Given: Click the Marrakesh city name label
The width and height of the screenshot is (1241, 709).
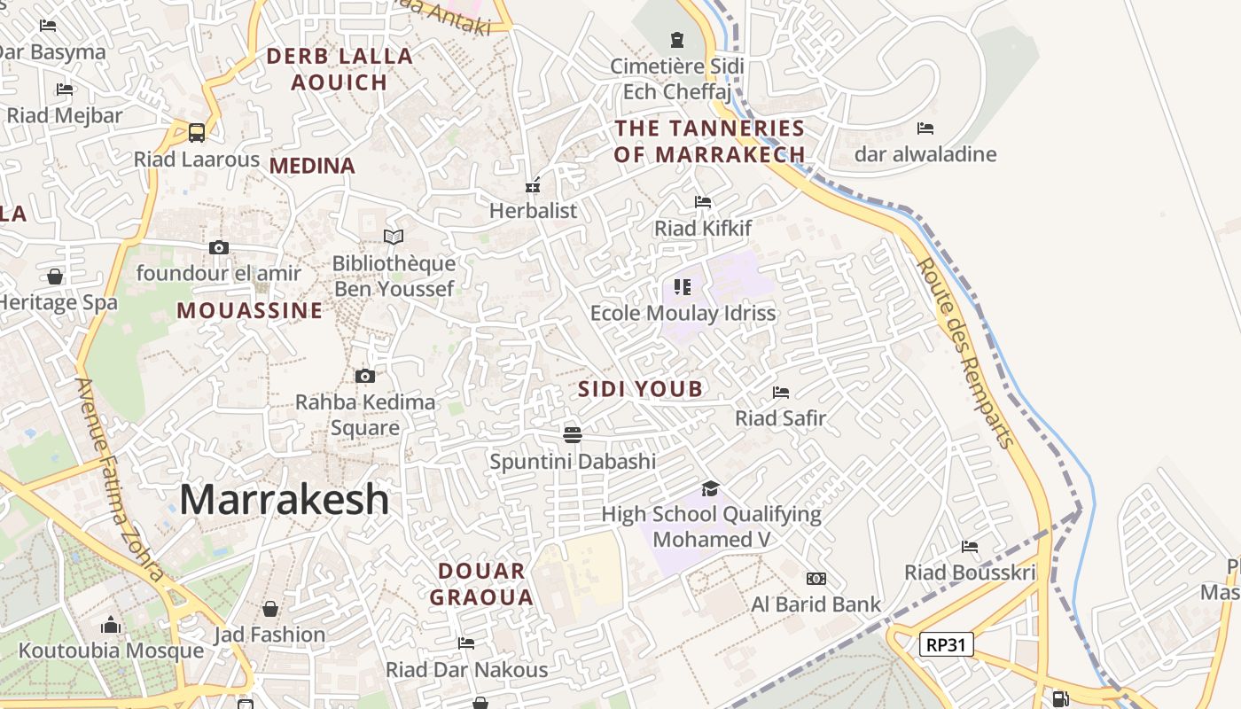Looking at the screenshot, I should click(284, 500).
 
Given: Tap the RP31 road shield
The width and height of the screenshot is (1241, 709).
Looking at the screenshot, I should click(946, 644).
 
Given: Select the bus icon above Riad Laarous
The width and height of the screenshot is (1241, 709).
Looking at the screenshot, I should click(197, 133).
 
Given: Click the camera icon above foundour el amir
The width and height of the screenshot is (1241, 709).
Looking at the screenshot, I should click(219, 247).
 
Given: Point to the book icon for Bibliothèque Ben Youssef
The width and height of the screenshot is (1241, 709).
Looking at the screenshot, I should click(394, 237).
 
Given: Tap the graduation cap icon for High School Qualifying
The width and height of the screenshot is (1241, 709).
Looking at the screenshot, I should click(710, 488).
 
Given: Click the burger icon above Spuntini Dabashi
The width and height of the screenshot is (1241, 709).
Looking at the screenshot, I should click(573, 434).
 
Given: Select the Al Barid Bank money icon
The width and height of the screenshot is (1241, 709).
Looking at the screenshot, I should click(816, 579).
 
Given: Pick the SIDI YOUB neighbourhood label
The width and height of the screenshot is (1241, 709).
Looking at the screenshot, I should click(640, 388).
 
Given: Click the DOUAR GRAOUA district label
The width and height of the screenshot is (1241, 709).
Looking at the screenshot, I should click(481, 584).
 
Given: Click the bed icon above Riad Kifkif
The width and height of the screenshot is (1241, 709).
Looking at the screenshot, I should click(703, 202).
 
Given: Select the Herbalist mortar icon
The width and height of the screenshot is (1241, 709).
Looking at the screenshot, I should click(533, 185).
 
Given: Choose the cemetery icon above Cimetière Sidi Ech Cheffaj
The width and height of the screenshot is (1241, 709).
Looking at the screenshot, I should click(677, 40).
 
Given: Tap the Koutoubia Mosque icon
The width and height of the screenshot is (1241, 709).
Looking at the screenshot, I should click(111, 625).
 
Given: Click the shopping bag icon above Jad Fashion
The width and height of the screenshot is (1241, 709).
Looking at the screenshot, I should click(270, 609).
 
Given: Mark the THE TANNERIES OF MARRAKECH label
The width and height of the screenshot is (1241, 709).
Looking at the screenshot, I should click(710, 141).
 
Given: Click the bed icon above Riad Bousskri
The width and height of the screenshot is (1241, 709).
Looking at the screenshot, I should click(970, 547).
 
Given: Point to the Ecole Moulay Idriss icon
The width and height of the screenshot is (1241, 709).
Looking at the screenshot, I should click(682, 286).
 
